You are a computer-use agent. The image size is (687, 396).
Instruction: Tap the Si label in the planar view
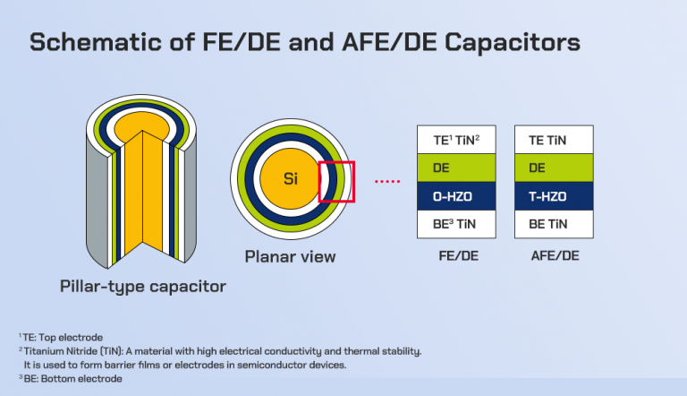tap(291, 178)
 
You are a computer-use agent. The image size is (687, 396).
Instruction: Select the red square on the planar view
tap(337, 181)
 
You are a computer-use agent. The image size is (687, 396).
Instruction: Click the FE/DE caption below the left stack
tap(458, 256)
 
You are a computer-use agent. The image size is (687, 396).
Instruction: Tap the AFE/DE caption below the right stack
tap(556, 256)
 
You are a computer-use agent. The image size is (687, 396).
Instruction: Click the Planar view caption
tap(291, 257)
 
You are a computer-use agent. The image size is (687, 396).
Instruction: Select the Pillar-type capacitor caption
tap(143, 287)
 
